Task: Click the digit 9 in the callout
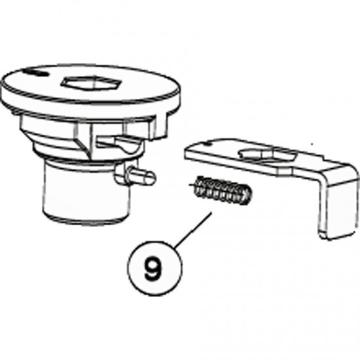[153, 268]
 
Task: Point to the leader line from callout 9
[193, 230]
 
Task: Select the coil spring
[221, 190]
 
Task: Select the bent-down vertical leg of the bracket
[337, 207]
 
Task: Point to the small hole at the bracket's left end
[208, 144]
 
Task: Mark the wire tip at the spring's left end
[191, 185]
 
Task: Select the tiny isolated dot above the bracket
[312, 145]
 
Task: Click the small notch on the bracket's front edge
[285, 171]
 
